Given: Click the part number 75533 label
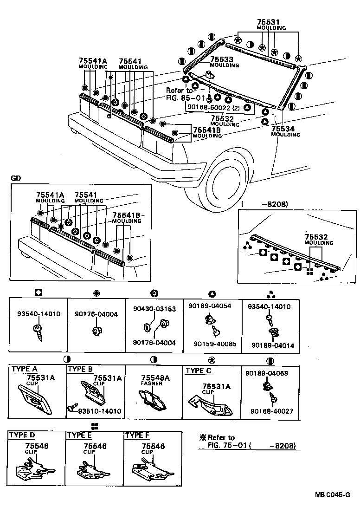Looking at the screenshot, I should click(222, 59).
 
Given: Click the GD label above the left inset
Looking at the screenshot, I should click(15, 178).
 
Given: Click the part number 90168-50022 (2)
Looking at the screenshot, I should click(213, 107).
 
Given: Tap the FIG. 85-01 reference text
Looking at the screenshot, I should click(185, 98).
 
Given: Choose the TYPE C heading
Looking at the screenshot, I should click(198, 370).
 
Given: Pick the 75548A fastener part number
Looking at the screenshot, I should click(155, 378).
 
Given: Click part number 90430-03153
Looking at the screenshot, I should click(154, 309).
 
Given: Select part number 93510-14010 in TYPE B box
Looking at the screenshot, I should click(99, 411).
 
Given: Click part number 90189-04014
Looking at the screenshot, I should click(272, 345).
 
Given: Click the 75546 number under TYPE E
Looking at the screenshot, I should click(95, 446).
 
